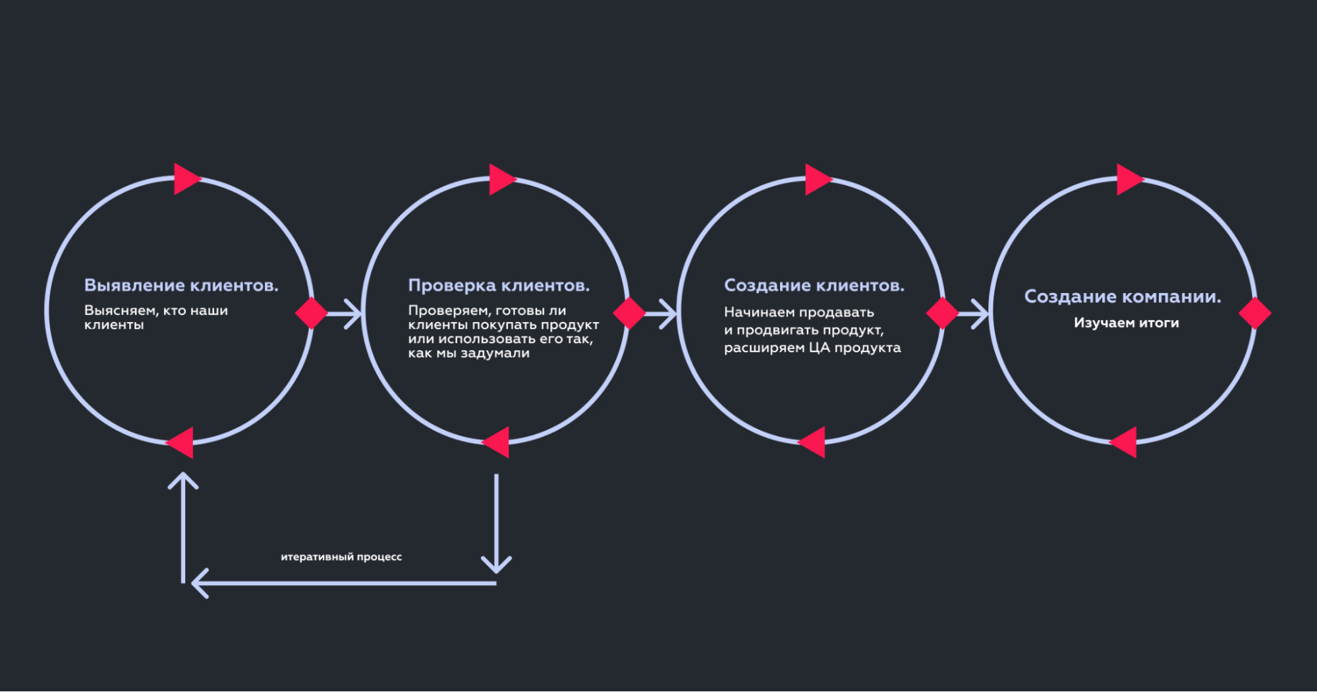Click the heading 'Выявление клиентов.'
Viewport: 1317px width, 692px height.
(x=181, y=286)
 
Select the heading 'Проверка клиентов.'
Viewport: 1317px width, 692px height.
(x=499, y=286)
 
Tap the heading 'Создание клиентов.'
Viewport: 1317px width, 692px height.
(x=814, y=286)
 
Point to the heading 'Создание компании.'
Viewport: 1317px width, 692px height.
(x=1122, y=297)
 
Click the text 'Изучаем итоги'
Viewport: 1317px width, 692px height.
(x=1126, y=323)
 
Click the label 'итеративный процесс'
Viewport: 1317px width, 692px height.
(x=341, y=557)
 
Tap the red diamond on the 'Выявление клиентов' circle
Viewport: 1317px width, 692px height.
(x=312, y=313)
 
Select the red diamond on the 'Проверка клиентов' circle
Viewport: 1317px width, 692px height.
(x=629, y=313)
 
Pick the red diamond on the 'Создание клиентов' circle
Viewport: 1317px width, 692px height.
(x=942, y=313)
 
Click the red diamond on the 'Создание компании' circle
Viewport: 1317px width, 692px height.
(x=1254, y=313)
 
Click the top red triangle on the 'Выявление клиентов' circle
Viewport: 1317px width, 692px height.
(x=185, y=179)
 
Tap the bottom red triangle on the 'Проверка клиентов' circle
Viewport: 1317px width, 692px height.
(x=498, y=442)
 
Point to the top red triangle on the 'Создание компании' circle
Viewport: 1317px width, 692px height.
(x=1128, y=180)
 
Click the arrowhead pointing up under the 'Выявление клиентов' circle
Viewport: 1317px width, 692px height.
(x=183, y=479)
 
